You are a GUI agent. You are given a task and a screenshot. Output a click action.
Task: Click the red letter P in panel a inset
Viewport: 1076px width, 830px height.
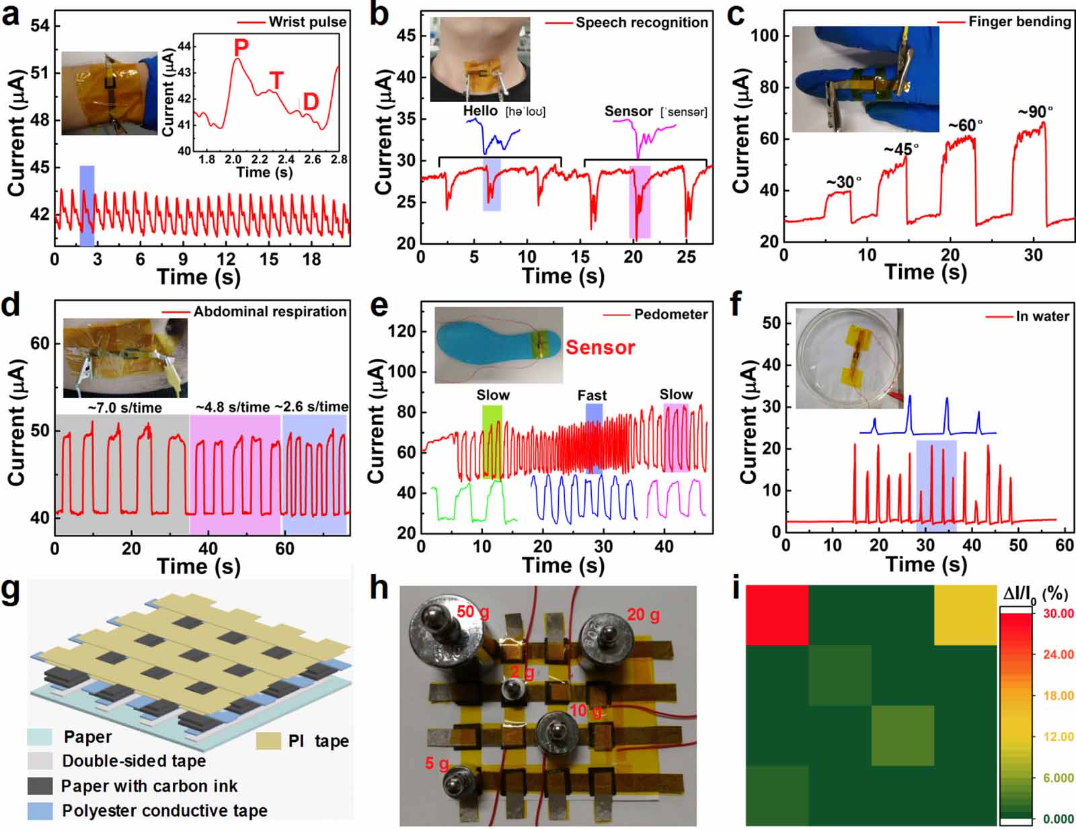[241, 47]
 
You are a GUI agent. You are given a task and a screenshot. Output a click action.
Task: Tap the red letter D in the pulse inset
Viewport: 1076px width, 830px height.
[310, 101]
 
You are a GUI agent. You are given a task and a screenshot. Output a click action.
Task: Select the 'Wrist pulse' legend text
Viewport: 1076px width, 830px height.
[307, 22]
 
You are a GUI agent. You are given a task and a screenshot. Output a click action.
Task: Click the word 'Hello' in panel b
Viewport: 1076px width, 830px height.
[480, 111]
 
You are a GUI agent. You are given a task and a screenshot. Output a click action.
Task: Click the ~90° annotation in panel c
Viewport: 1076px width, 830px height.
[1035, 112]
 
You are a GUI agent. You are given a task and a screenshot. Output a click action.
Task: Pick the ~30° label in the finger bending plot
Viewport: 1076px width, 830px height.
[843, 182]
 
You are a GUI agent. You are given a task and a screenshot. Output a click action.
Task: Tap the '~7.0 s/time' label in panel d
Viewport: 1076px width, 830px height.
[124, 407]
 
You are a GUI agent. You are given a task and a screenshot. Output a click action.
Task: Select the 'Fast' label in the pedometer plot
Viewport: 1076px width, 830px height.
[592, 395]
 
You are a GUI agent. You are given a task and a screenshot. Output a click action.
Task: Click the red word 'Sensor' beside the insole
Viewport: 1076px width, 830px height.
[600, 347]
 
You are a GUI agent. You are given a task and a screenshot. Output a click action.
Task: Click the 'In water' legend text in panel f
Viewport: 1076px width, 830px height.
[1042, 316]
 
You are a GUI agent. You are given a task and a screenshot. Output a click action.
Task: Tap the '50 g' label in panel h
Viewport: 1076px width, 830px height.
[473, 612]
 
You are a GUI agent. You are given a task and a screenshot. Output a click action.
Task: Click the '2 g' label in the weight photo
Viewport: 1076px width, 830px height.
[522, 673]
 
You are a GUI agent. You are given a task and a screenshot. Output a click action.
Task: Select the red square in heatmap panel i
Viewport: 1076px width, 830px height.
[777, 614]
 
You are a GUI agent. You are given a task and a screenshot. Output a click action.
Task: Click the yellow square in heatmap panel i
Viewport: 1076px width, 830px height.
[965, 614]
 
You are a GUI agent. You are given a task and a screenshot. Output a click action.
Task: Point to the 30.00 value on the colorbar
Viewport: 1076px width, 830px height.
[1058, 613]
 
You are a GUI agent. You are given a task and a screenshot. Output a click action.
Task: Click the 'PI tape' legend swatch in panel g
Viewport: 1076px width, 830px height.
[268, 741]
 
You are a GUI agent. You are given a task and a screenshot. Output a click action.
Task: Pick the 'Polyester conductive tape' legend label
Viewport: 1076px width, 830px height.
[164, 811]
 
